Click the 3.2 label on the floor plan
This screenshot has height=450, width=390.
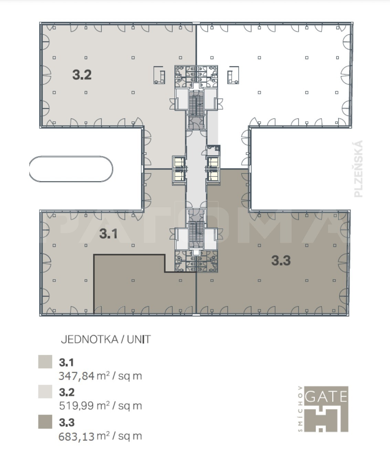[x=82, y=75]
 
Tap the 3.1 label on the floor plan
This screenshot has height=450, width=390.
[x=108, y=234]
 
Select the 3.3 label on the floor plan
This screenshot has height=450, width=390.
[x=281, y=260]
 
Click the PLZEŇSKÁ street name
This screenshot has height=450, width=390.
[x=359, y=169]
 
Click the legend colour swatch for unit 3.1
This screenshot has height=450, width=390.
[x=45, y=362]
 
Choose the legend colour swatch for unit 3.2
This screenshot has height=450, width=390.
[x=45, y=392]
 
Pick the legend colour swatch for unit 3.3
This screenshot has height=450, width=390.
[x=45, y=421]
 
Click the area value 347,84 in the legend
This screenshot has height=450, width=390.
[x=76, y=376]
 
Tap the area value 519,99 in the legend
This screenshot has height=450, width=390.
[x=76, y=406]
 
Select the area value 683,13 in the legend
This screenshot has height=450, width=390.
[x=76, y=436]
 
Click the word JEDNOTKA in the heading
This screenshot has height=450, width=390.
[x=89, y=339]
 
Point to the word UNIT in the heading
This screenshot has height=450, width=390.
[x=139, y=339]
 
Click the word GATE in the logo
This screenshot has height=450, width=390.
[x=326, y=396]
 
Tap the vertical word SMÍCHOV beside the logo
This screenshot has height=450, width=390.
[x=301, y=409]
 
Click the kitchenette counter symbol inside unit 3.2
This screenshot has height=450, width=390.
[x=159, y=75]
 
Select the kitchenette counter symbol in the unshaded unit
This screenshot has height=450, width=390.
[x=233, y=75]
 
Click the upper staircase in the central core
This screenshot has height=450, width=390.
[x=196, y=103]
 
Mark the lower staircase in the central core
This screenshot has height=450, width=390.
[x=196, y=234]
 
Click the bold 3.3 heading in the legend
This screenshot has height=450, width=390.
[x=67, y=422]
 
